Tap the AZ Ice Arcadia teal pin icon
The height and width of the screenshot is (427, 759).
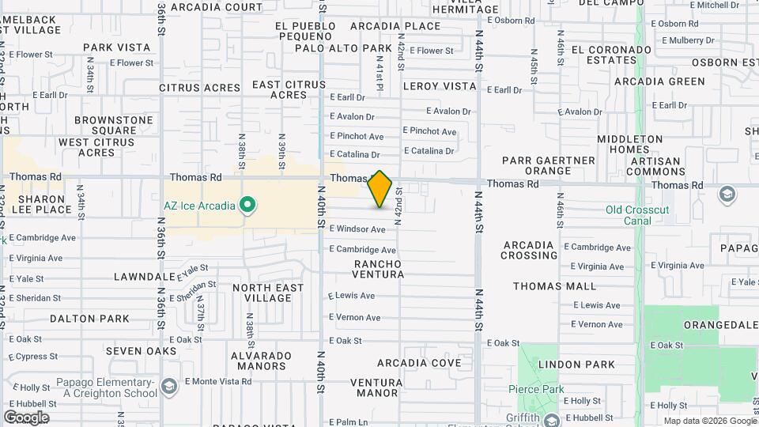(x=248, y=206)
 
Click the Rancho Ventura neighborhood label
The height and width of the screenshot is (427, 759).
(x=378, y=269)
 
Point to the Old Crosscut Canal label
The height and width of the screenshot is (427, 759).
(x=637, y=215)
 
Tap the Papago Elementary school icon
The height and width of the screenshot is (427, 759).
(x=168, y=387)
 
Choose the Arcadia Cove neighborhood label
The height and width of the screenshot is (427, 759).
(x=419, y=363)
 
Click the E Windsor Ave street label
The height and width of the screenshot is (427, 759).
(x=357, y=229)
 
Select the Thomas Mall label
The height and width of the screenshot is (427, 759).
(x=554, y=286)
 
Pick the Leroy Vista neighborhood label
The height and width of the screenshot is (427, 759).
(x=440, y=85)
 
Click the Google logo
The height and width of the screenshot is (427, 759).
(x=26, y=417)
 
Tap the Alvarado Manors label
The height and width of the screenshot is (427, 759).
(x=259, y=361)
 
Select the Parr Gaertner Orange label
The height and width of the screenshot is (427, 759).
(x=548, y=165)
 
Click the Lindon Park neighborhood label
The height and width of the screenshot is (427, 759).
(x=576, y=365)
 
